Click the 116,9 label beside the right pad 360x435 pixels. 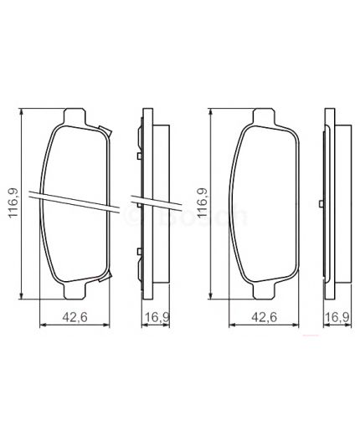pos(202,202)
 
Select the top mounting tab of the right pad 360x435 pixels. pos(263,115)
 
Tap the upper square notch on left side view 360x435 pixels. pos(137,153)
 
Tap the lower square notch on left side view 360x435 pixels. pos(137,252)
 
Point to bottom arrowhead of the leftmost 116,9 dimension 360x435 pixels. pos(23,294)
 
